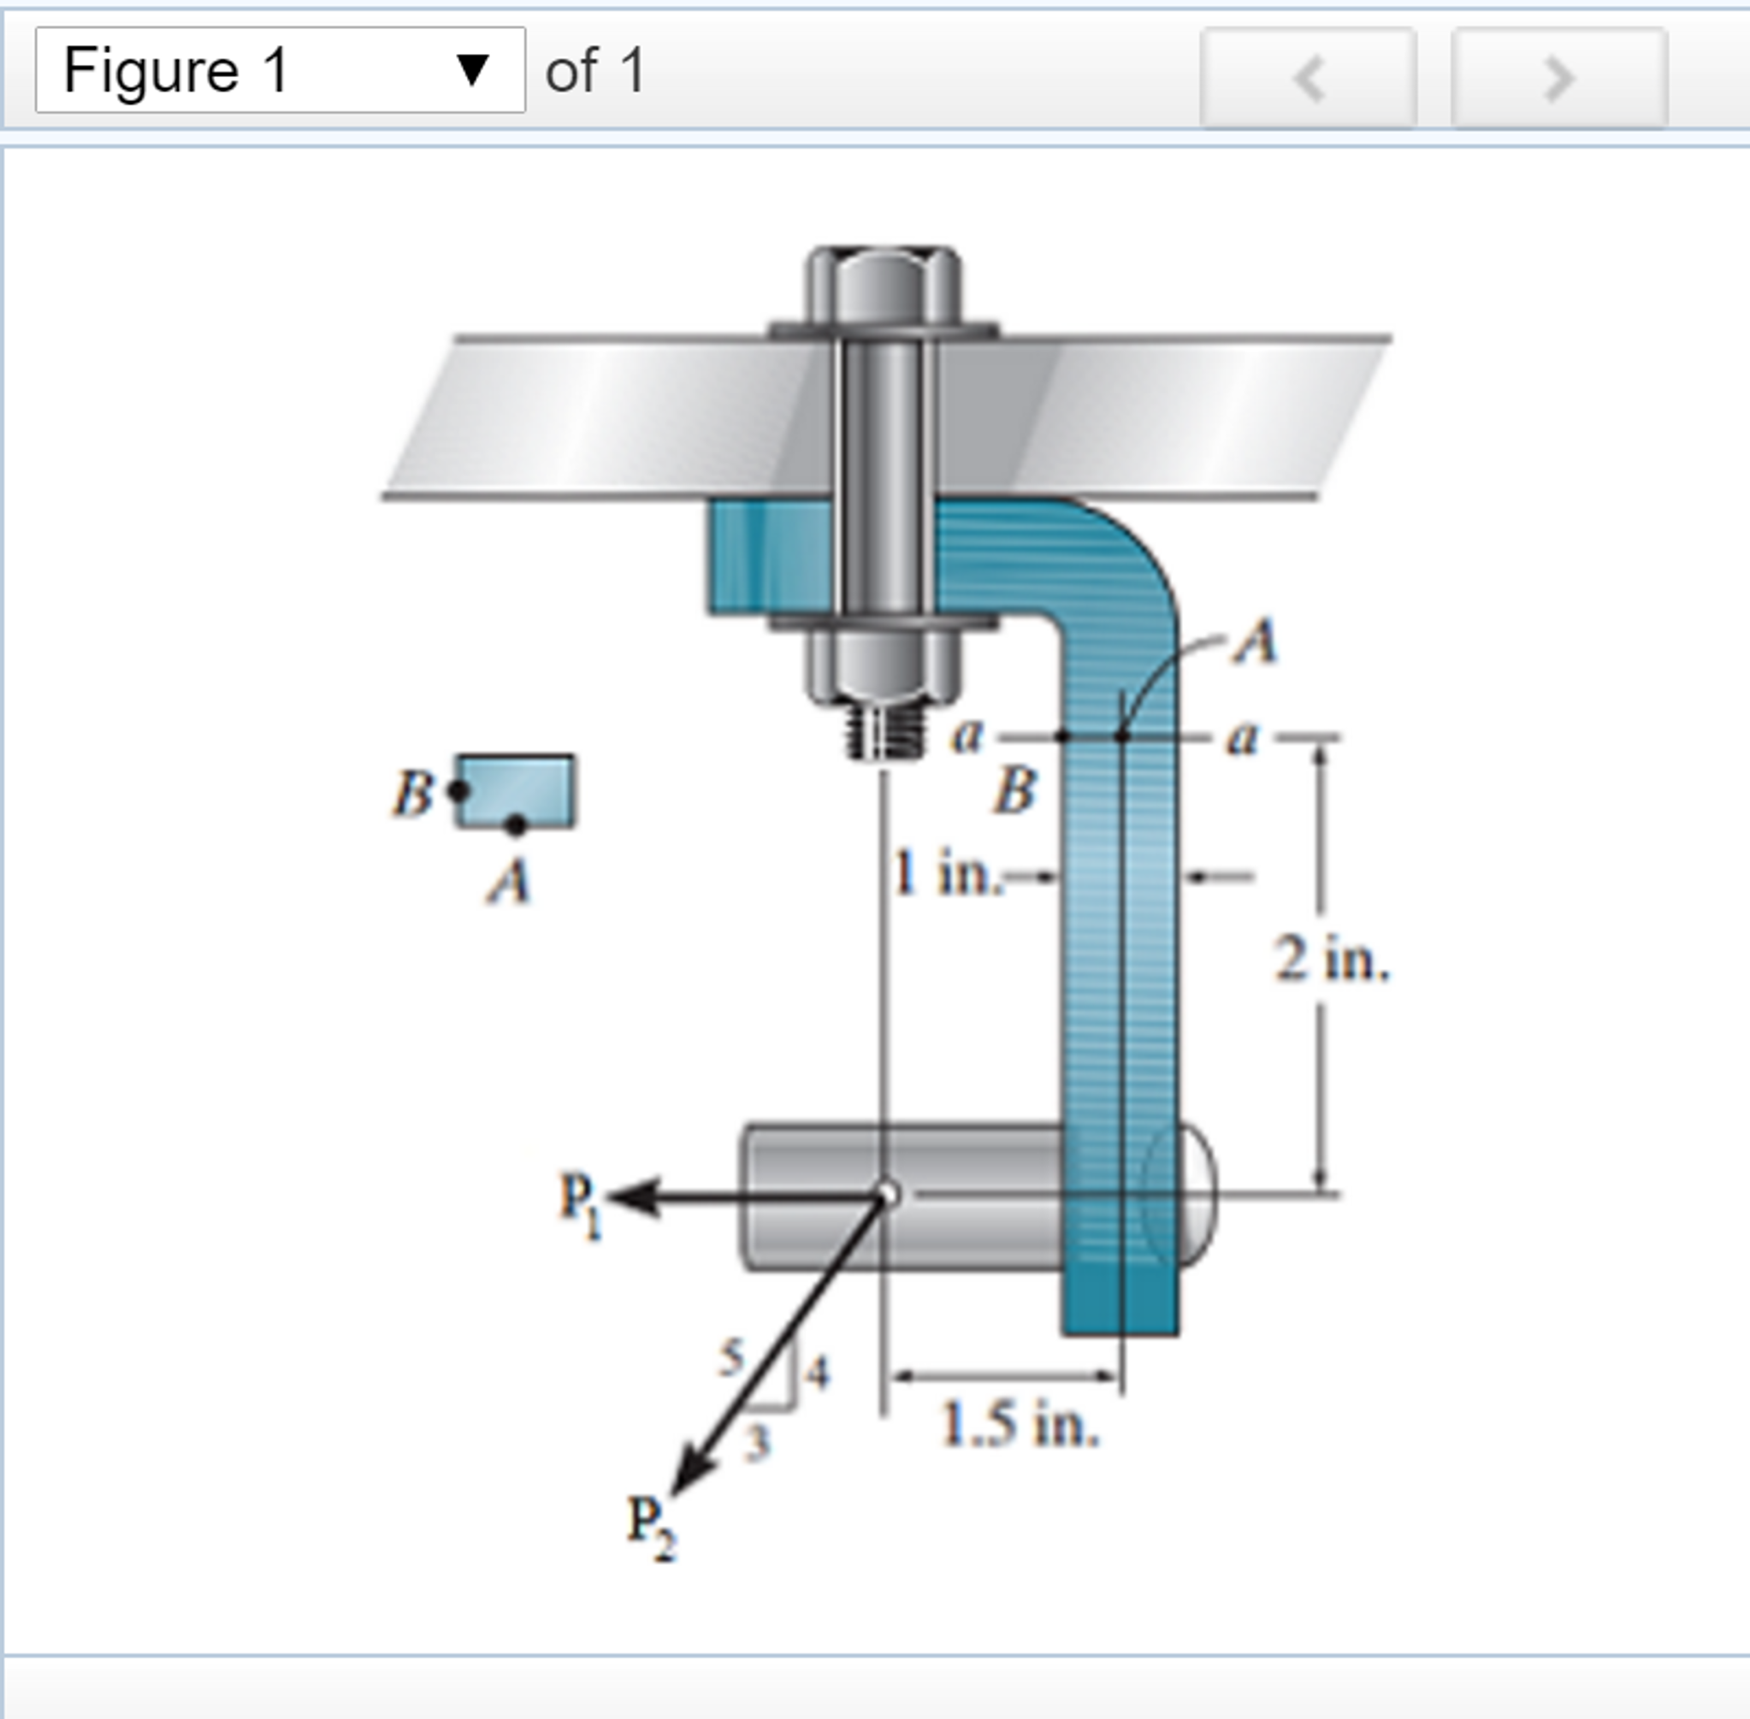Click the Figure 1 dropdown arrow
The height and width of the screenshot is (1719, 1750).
(472, 69)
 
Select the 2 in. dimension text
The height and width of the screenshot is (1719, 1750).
(1331, 959)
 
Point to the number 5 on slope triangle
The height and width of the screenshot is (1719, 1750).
(731, 1357)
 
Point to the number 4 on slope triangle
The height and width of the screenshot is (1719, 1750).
(817, 1373)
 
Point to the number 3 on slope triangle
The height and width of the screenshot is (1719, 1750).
(758, 1443)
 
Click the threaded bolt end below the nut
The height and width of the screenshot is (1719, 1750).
(886, 730)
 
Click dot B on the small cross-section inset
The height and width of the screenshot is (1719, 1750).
(458, 791)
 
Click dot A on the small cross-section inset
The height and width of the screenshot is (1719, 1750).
(516, 824)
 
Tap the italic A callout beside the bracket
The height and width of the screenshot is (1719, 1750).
(1256, 642)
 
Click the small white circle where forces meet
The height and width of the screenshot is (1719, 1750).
(888, 1194)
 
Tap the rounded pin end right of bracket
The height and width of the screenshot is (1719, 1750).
(1197, 1195)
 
